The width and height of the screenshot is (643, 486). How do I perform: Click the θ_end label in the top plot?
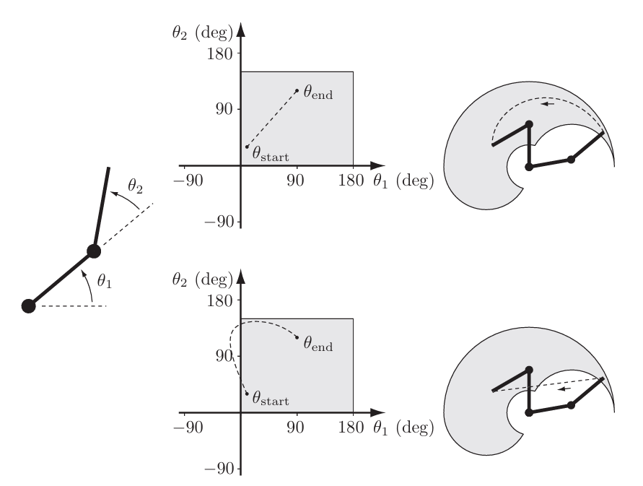coord(318,94)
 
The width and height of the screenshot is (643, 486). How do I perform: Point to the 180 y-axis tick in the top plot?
coord(220,53)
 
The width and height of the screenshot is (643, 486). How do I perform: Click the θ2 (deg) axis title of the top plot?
coord(203,32)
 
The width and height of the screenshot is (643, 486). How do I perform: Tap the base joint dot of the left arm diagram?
coord(28,305)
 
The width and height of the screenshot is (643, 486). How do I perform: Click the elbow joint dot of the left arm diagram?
coord(93,251)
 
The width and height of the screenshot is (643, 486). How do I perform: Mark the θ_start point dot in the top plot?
coord(247,147)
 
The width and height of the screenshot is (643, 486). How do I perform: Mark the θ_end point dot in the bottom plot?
coord(297,337)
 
